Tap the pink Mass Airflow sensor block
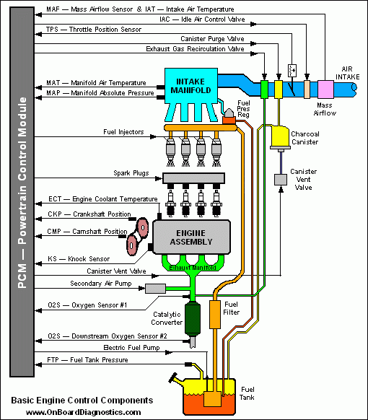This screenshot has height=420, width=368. coord(325,87)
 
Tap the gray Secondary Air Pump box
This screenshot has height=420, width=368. coord(155,289)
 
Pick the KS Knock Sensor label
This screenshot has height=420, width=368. coord(79,258)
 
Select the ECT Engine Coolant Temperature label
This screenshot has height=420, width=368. coord(102,199)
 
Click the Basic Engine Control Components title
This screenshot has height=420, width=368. coord(82,400)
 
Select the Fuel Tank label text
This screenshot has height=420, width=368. coord(247,392)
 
